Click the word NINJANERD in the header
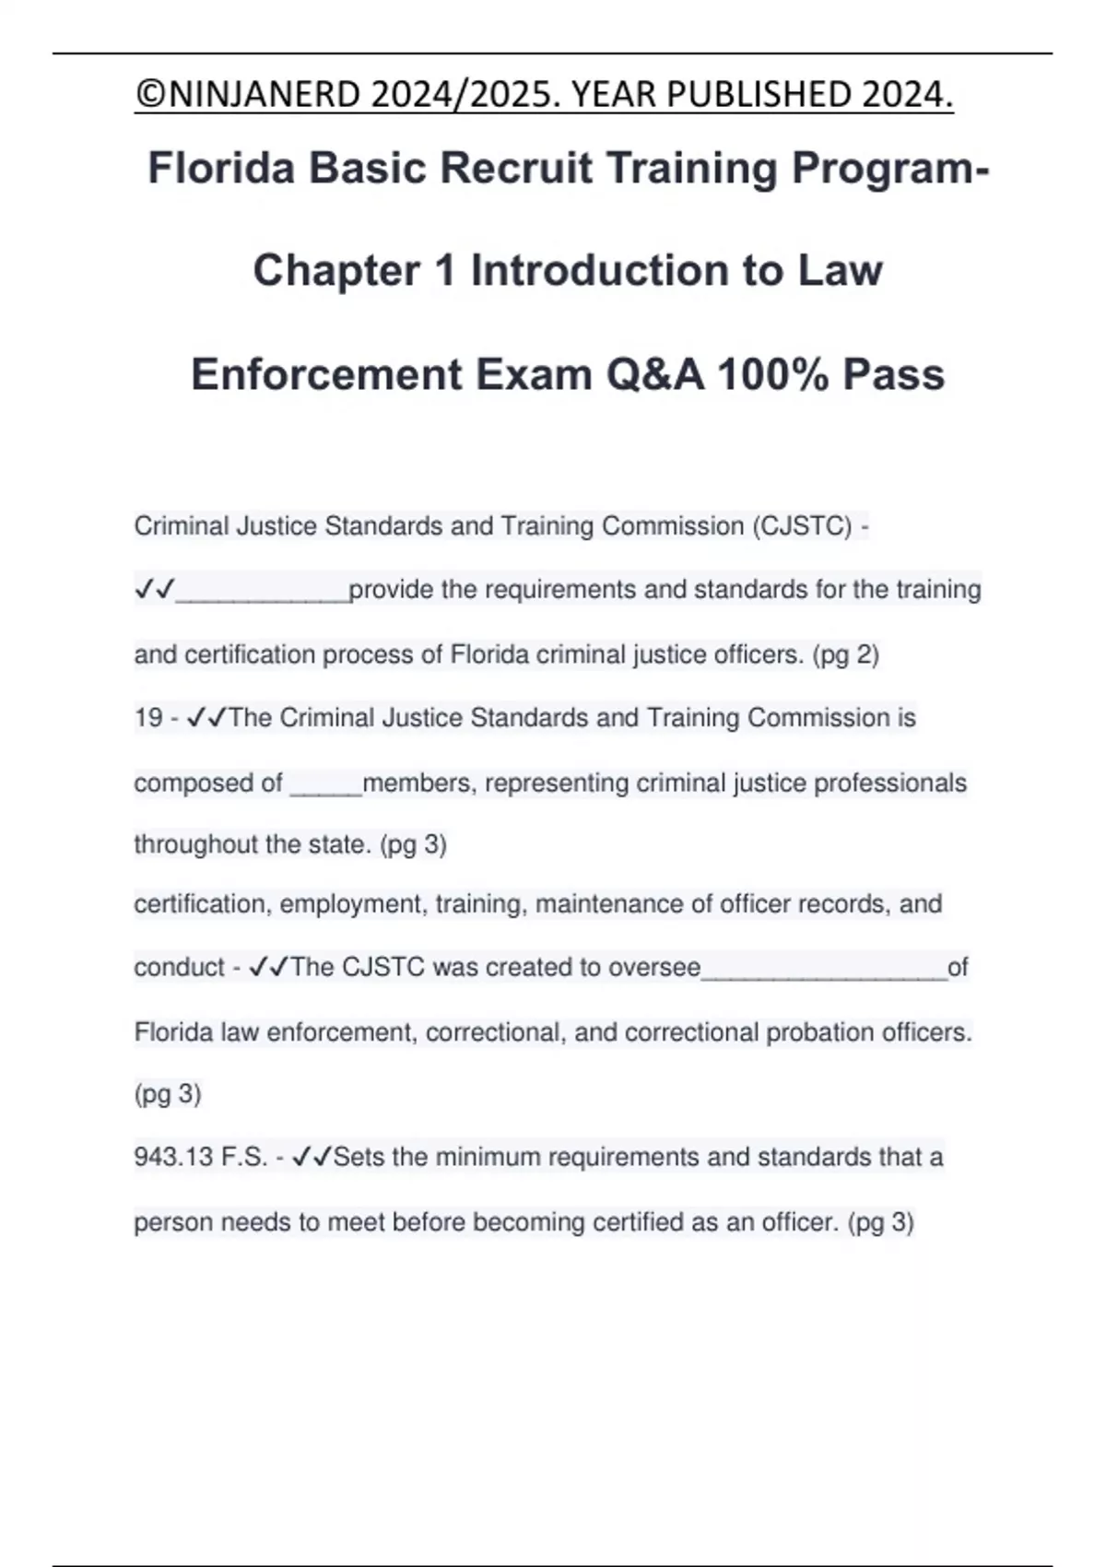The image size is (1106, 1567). tap(261, 94)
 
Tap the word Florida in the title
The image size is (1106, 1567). tap(221, 168)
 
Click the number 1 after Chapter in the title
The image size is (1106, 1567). tap(445, 271)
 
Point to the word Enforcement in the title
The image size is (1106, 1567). tap(326, 374)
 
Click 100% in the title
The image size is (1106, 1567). tap(772, 374)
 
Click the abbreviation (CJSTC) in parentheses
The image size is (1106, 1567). tap(802, 526)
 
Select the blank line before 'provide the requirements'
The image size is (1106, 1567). tap(263, 593)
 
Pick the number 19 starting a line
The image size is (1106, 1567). tap(148, 718)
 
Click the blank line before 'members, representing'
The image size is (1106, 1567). tap(326, 786)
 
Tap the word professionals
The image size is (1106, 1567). tap(890, 783)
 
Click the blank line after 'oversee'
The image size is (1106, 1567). tap(824, 971)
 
